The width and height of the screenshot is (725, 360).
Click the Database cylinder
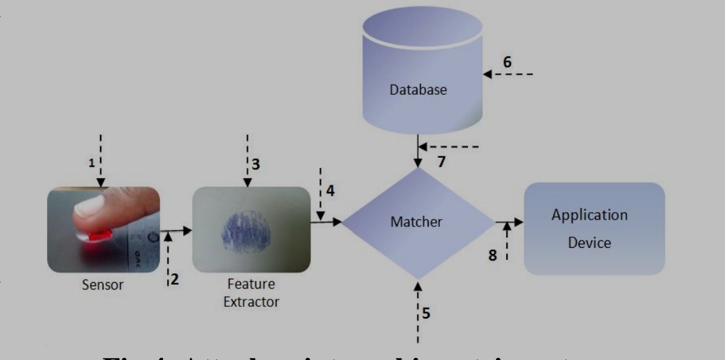(x=422, y=74)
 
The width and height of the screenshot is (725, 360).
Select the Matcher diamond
(x=417, y=222)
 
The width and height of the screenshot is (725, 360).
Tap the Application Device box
(x=594, y=228)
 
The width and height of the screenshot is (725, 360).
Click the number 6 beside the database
(x=507, y=62)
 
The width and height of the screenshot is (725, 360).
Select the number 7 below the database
(x=440, y=162)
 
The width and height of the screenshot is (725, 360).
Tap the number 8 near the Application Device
(x=493, y=255)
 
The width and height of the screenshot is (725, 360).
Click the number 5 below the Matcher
(x=426, y=312)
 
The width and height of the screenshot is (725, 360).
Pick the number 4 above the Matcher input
(x=330, y=191)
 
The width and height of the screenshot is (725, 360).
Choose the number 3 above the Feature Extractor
(x=255, y=163)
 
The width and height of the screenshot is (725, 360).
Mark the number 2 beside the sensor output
(x=175, y=279)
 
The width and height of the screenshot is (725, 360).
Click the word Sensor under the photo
(x=103, y=284)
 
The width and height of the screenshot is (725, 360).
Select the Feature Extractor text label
(x=250, y=293)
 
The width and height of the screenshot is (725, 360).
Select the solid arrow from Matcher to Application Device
(x=509, y=222)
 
